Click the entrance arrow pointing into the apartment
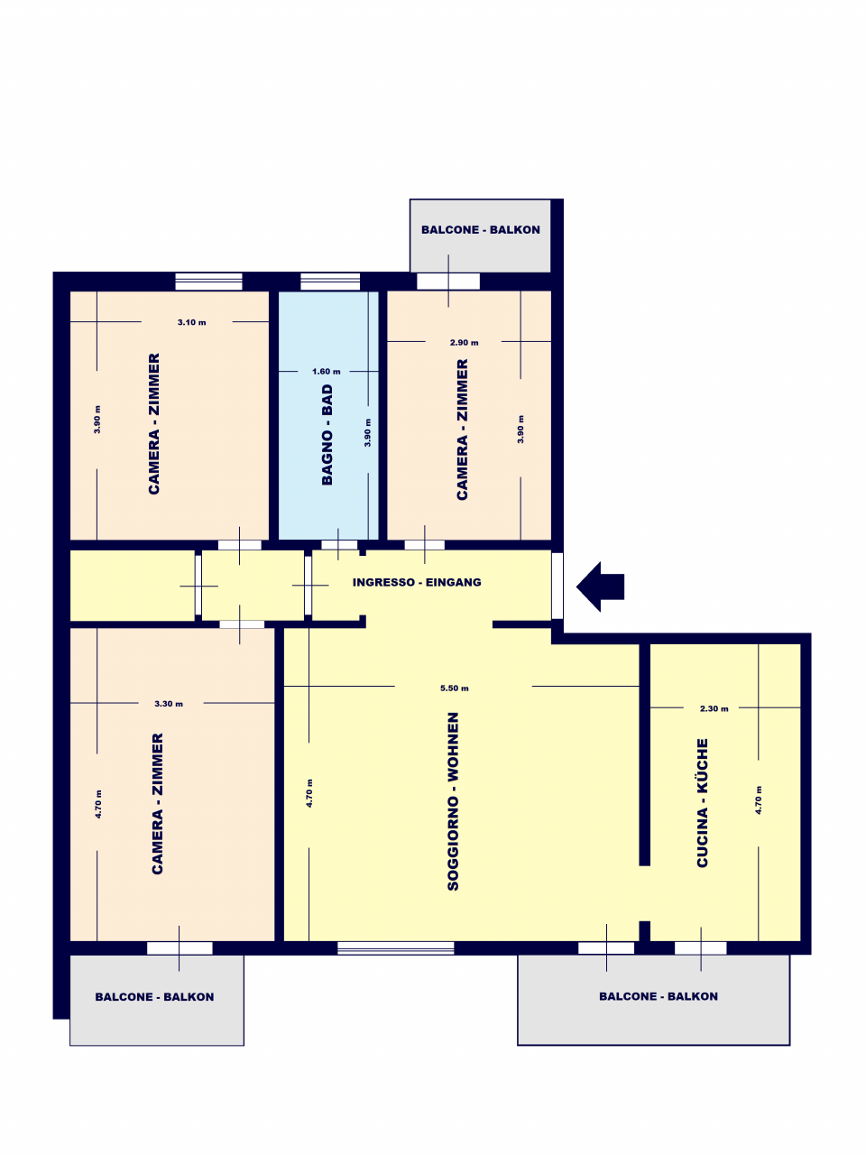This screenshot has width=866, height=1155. [599, 587]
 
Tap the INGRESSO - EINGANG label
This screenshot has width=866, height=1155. [417, 582]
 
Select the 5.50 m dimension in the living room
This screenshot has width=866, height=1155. [455, 688]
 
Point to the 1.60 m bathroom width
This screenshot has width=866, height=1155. [326, 372]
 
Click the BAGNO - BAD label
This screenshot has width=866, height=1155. [327, 435]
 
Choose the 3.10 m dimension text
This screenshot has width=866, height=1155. [191, 322]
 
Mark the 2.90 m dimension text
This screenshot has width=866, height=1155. [464, 343]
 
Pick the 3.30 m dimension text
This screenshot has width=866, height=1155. [169, 704]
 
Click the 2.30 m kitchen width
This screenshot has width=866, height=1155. [714, 708]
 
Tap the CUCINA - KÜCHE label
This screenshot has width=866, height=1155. [703, 802]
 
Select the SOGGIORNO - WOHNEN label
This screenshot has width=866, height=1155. [453, 801]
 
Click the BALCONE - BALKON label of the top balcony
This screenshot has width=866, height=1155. [481, 230]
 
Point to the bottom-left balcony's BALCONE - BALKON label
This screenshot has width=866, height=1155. [154, 996]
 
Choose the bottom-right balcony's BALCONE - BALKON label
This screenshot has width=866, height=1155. [659, 996]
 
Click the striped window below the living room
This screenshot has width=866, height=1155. [395, 947]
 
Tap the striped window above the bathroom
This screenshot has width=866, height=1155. [330, 282]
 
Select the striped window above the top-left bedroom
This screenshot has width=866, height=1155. [208, 282]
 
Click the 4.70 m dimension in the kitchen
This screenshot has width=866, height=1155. [759, 800]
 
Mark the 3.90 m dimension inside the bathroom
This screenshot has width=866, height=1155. [367, 432]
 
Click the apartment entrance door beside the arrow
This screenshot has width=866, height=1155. [557, 586]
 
